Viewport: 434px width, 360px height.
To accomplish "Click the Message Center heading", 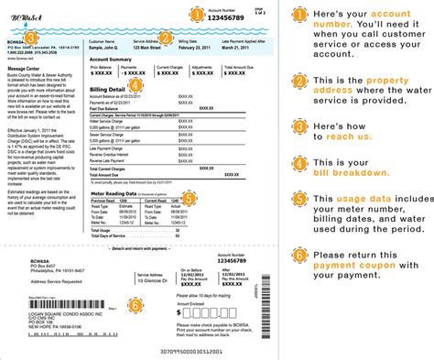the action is click(27, 68).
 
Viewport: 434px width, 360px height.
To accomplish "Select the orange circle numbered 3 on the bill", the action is click(31, 38).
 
